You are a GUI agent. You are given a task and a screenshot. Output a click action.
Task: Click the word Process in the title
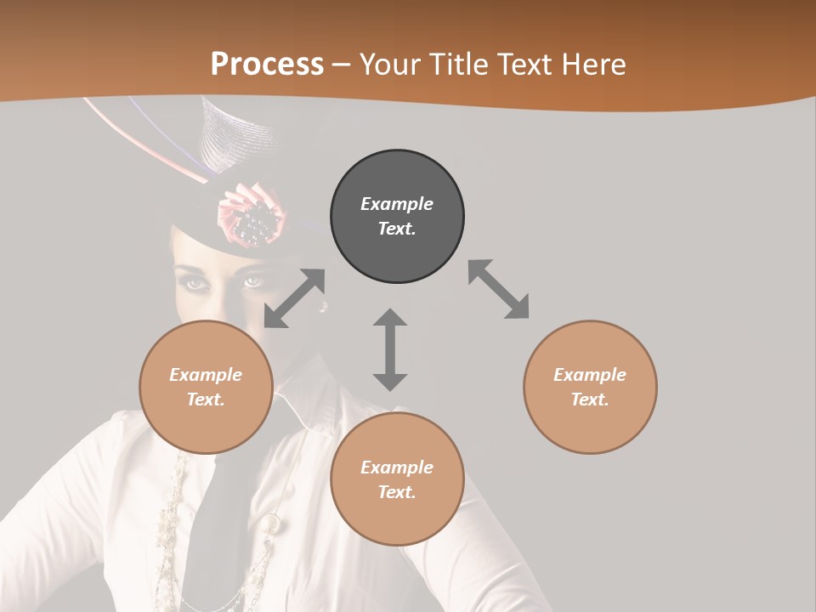point(267,64)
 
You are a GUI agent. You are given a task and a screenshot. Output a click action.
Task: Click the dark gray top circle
point(397,217)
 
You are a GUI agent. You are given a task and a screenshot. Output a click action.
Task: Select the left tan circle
point(206,388)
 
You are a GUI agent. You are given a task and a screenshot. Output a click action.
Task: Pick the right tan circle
point(590,388)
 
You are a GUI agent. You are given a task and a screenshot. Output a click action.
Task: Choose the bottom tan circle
point(397,480)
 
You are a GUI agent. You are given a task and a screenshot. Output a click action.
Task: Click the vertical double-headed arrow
point(390,349)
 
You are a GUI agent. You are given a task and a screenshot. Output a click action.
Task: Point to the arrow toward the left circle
point(294,298)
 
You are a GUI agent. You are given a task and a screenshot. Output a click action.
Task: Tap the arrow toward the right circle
point(499,289)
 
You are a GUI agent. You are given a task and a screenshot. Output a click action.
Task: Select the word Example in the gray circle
point(397,204)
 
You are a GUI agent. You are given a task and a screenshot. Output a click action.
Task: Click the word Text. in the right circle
point(590,399)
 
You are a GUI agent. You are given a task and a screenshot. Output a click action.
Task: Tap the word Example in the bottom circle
point(397,467)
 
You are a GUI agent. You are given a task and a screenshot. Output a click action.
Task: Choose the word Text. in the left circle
point(206,399)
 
